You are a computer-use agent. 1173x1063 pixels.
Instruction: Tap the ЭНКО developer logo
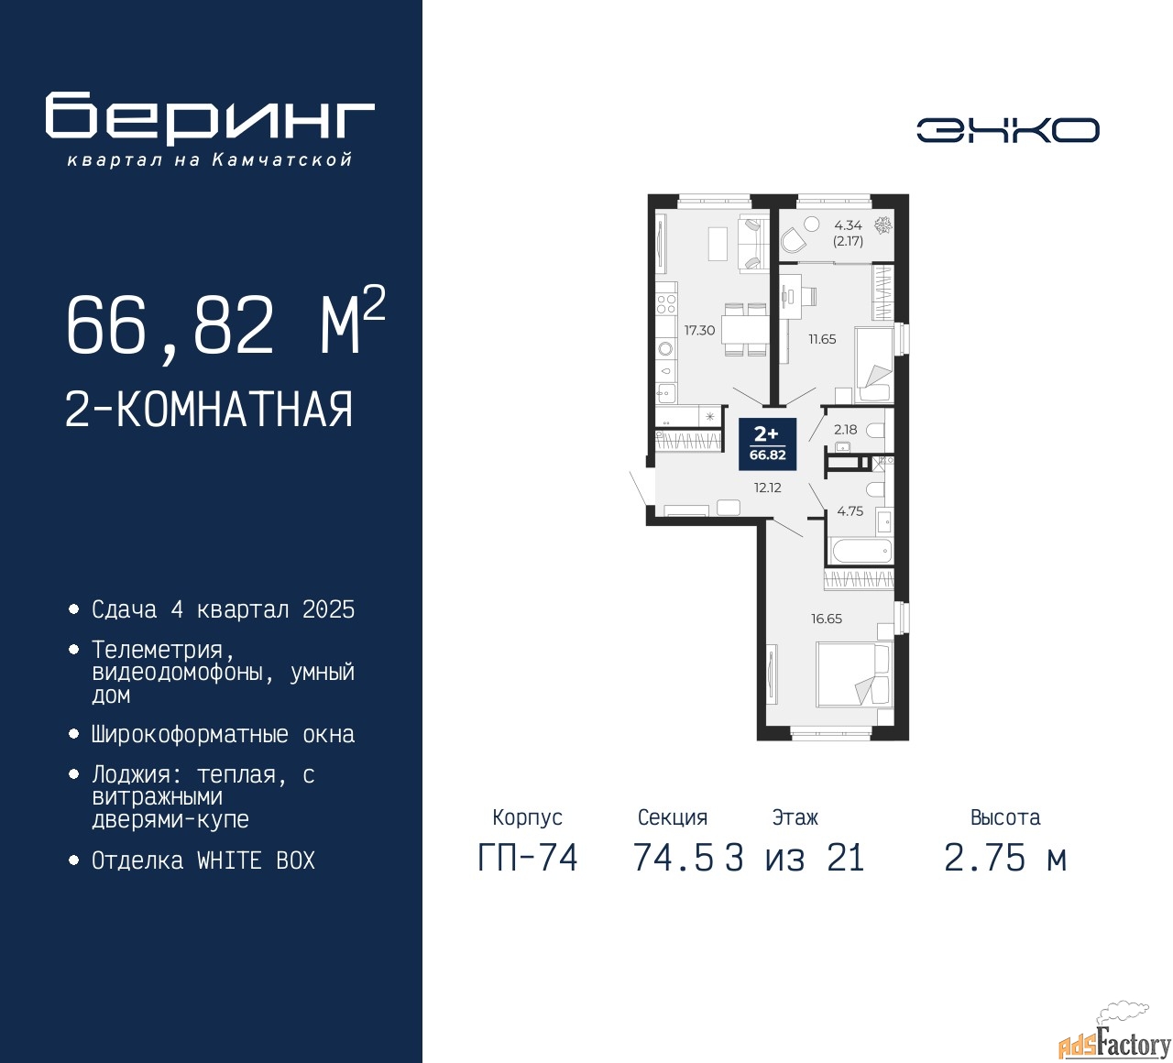coord(1007,130)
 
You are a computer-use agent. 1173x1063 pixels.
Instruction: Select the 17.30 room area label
coord(699,331)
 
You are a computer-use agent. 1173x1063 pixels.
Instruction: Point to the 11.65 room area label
coord(822,339)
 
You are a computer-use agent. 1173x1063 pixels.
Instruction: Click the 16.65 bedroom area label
coord(827,619)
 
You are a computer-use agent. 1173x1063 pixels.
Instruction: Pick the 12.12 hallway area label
coord(768,488)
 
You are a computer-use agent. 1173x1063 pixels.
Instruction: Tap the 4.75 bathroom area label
coord(850,511)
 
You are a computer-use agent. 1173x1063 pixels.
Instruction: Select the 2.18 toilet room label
coord(845,430)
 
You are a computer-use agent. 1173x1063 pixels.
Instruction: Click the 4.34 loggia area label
coord(848,225)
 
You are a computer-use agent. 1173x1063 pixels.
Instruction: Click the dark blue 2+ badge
coord(767,444)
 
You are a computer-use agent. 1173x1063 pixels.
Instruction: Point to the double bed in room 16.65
coord(854,674)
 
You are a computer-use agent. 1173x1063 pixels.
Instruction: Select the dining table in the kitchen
coord(745,329)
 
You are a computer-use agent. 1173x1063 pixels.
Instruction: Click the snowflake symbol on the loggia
coord(882,225)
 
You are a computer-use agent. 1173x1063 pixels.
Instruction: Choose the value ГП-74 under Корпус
coord(528,858)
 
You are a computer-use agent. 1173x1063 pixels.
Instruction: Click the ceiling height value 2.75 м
coord(1005,858)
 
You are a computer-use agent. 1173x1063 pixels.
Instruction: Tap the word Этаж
coord(795,817)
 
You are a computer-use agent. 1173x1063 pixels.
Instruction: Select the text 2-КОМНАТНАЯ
coord(209,410)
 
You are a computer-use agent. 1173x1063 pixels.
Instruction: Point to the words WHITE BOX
coord(256,860)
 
